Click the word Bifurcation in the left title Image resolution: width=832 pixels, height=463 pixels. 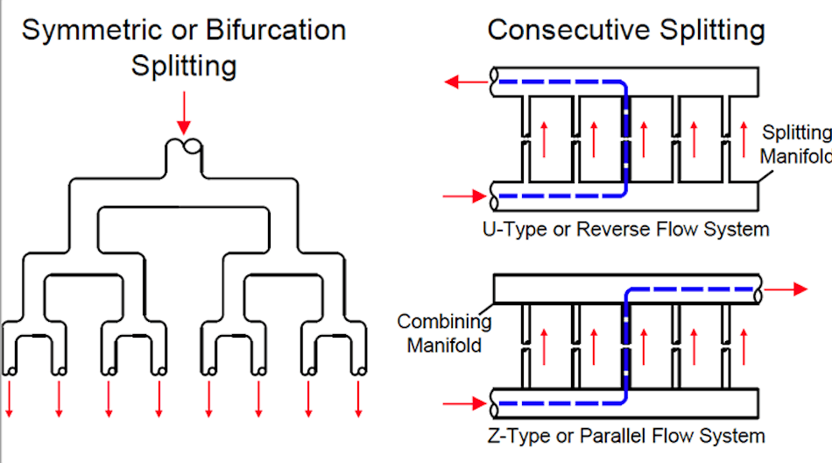point(276,30)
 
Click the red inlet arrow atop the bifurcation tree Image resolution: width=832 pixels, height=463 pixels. point(184,110)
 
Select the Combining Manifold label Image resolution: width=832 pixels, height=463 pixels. point(445,333)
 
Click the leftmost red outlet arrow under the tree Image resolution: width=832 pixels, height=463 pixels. point(10,400)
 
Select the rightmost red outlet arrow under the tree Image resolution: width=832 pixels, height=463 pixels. point(359,400)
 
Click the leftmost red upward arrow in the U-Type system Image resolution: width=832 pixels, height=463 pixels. point(544,138)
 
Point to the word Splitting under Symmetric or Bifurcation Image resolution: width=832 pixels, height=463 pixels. point(184,65)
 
